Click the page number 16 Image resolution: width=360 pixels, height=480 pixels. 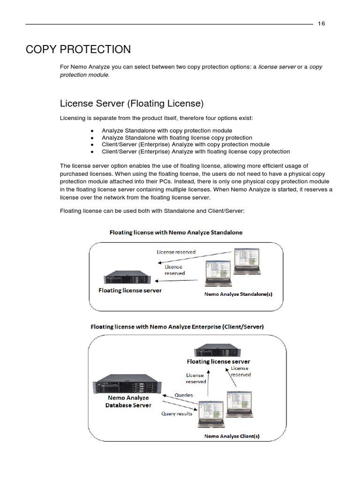[322, 24]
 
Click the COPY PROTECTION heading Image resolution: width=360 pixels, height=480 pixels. [78, 49]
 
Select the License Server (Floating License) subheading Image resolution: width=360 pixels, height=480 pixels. [132, 103]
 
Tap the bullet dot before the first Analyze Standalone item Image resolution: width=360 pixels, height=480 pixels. [92, 131]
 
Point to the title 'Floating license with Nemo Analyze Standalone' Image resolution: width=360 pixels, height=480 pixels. [176, 232]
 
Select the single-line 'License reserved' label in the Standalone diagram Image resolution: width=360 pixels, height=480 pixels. [176, 252]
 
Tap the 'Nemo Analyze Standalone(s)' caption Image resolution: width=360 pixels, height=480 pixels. [239, 295]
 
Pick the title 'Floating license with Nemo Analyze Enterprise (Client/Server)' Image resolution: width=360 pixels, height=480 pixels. [177, 327]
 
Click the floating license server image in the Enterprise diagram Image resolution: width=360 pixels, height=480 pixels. [218, 350]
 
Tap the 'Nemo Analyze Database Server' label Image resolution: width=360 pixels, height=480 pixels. [128, 401]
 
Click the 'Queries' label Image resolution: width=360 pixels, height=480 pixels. [184, 395]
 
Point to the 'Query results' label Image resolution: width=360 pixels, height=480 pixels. [177, 413]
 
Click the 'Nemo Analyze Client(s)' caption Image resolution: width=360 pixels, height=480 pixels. [232, 436]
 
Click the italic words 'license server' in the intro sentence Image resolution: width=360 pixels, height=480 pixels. [277, 67]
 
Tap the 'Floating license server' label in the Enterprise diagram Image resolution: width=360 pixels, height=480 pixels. [218, 361]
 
